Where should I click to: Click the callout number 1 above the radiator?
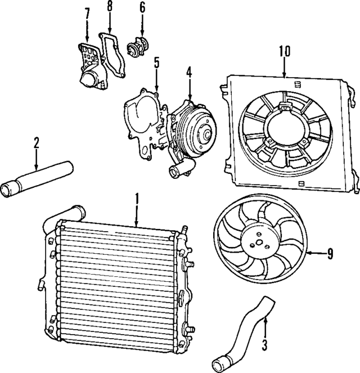click(x=136, y=199)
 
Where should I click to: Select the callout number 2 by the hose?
click(x=36, y=143)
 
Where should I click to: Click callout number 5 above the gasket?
click(x=157, y=62)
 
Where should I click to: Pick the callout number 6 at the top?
click(x=142, y=8)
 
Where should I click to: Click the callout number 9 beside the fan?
click(x=330, y=254)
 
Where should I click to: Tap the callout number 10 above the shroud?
click(x=284, y=51)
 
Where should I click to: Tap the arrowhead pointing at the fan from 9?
click(x=310, y=254)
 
